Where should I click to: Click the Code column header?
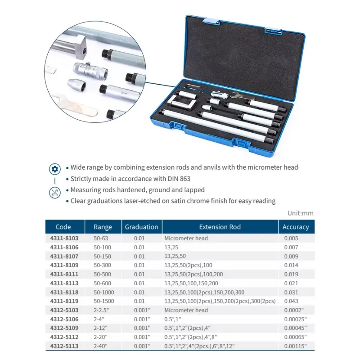[63, 227]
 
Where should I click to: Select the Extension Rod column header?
[220, 227]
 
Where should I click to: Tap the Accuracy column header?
[296, 227]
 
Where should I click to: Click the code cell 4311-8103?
[63, 238]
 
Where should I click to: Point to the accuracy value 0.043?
[291, 301]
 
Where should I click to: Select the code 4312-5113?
[63, 346]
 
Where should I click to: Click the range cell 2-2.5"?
[102, 310]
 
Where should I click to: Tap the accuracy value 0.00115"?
[294, 346]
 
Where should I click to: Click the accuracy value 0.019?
[291, 274]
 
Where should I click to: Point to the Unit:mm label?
[300, 213]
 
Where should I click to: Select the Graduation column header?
[141, 227]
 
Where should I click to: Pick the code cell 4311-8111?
[63, 274]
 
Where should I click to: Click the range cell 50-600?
[103, 283]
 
